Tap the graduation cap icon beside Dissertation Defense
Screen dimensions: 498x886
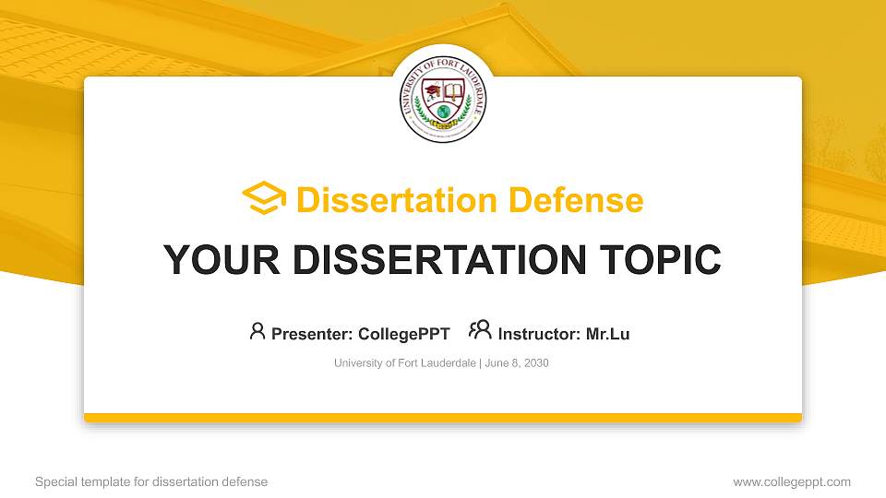point(264,199)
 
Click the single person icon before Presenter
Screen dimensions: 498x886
point(257,331)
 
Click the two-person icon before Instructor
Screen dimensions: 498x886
point(480,331)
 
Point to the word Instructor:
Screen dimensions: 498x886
point(540,334)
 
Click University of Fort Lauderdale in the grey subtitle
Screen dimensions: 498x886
point(404,363)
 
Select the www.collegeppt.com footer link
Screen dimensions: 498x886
point(792,481)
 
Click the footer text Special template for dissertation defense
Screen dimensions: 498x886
point(151,481)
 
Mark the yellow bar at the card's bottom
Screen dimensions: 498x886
point(443,418)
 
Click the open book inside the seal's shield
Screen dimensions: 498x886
point(453,92)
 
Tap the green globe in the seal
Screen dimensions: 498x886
point(443,112)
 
